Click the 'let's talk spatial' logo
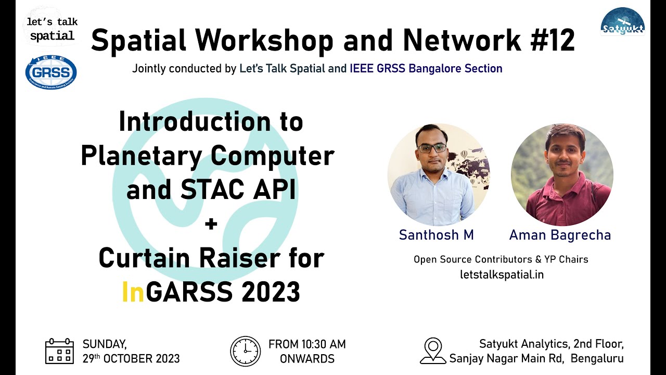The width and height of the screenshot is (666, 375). [52, 29]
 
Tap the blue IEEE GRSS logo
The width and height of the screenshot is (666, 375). [51, 72]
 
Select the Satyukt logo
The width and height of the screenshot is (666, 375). [622, 21]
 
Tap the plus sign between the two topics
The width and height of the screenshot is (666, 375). [211, 224]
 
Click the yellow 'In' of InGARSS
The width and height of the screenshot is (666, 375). [133, 292]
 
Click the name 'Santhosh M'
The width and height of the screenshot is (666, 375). [436, 235]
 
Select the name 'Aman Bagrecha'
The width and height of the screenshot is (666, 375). [560, 235]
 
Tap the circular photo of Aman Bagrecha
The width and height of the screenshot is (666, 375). [562, 174]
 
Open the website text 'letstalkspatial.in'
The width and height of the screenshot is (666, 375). [502, 274]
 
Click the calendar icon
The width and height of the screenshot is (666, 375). [59, 351]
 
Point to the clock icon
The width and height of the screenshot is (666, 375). [245, 351]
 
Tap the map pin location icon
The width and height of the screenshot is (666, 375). [432, 351]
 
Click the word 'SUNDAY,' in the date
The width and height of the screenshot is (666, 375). [105, 344]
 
